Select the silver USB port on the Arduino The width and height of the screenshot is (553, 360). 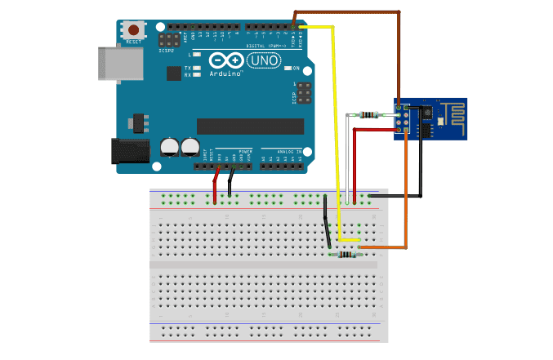click(109, 63)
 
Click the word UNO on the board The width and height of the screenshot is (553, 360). click(261, 60)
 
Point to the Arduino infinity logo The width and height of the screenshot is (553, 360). click(223, 60)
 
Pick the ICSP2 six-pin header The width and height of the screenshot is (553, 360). click(169, 39)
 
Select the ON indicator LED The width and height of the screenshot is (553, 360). click(288, 69)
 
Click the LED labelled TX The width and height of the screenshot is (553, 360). click(197, 68)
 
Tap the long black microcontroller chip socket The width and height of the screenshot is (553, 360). click(250, 127)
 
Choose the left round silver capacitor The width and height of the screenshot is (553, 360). click(170, 147)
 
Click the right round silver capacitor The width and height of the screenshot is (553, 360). click(190, 147)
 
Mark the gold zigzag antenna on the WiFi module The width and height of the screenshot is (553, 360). click(452, 112)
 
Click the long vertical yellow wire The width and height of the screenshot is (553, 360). click(334, 131)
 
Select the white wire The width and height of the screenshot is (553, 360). click(347, 163)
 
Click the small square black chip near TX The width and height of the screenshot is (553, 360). click(173, 73)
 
